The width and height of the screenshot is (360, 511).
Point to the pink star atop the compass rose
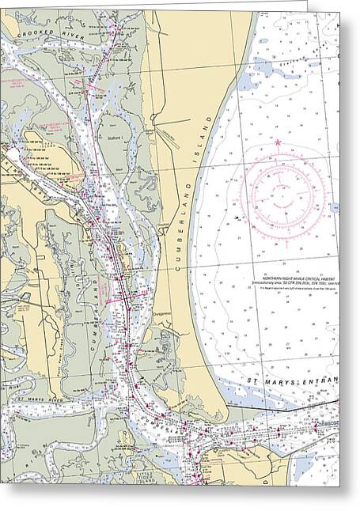(278, 142)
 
